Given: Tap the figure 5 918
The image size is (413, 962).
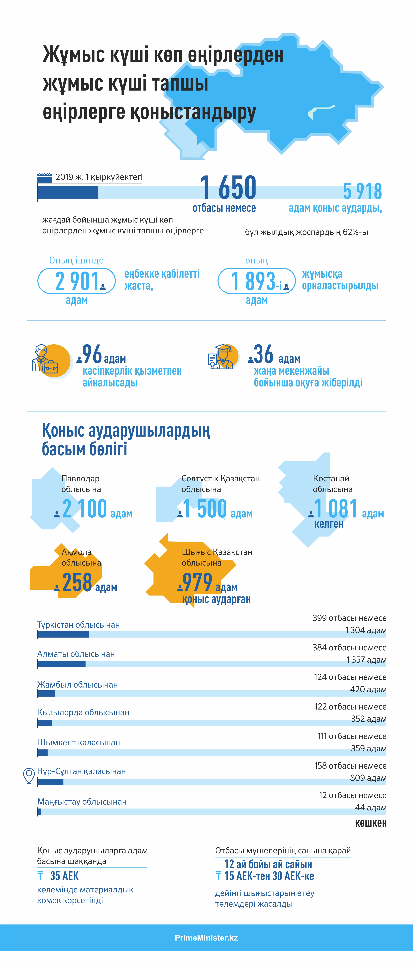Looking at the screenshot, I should [362, 191].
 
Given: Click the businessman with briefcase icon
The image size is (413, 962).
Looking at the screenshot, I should [45, 359].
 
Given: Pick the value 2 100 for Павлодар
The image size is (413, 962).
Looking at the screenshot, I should [84, 509].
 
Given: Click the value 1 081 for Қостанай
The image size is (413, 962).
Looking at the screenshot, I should [336, 509].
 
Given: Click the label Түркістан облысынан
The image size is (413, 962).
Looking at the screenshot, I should [78, 625].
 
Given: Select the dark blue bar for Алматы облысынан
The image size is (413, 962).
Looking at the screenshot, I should [62, 664].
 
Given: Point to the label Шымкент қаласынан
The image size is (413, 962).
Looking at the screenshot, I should [78, 742].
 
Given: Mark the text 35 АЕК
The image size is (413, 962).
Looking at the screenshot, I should [64, 876].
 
